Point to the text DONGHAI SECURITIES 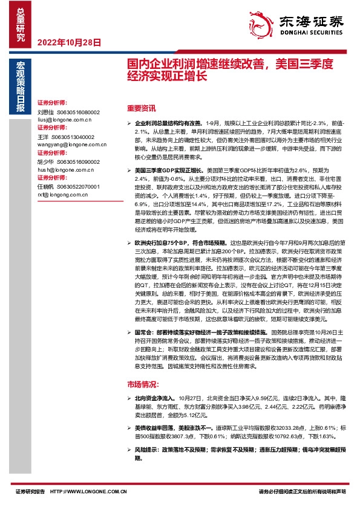click(x=310, y=36)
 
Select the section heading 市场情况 click(x=143, y=384)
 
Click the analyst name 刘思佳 click(x=45, y=112)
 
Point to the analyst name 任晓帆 click(x=45, y=187)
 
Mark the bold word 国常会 click(x=142, y=332)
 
